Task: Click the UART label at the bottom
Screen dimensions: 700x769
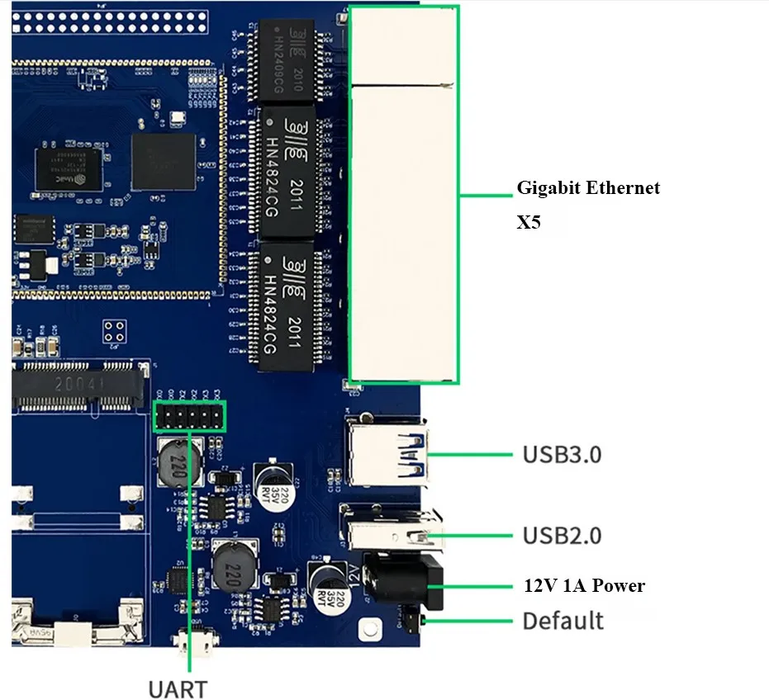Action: [178, 687]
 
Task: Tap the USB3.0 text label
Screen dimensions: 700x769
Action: [562, 454]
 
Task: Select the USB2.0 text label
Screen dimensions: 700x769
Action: [562, 536]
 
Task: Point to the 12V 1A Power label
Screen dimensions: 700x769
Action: [584, 586]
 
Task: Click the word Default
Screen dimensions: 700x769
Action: [563, 620]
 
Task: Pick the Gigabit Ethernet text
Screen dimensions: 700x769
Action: [588, 188]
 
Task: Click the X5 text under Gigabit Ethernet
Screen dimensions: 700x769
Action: [529, 222]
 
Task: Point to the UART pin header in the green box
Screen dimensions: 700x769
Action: [189, 416]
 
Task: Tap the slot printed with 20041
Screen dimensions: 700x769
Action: [79, 385]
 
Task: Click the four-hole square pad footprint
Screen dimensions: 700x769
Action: [115, 331]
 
